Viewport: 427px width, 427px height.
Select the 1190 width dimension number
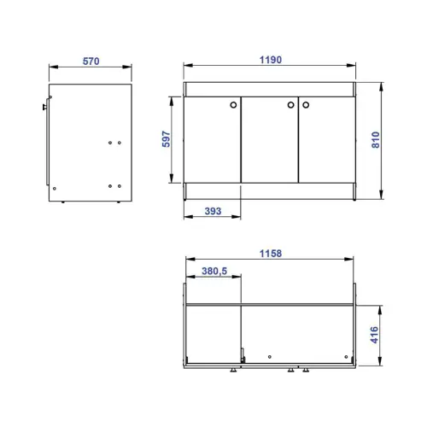click(269, 61)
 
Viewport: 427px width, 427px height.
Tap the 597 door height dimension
click(167, 138)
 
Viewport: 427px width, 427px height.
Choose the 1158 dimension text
click(270, 254)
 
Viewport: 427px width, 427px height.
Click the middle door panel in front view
click(270, 141)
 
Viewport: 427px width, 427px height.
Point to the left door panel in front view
click(213, 141)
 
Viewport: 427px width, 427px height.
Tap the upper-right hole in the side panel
click(120, 143)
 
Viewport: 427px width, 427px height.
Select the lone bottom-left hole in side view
click(55, 187)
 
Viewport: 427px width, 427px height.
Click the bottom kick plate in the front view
click(270, 191)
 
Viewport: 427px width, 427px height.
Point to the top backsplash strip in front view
click(270, 90)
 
